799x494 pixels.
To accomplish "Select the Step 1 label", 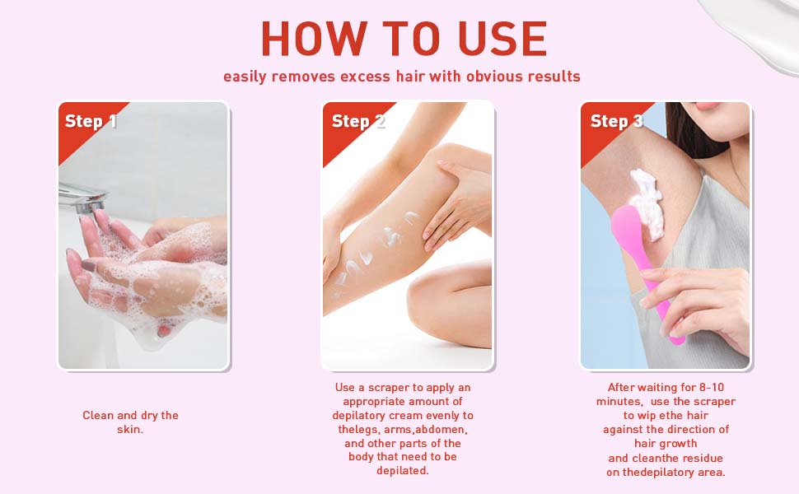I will point(91,122).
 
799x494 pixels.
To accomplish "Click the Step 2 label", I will point(358,122).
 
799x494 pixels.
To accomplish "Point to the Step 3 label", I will point(616,122).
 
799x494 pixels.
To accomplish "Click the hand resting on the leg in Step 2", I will point(457,206).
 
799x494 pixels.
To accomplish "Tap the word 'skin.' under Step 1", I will point(130,430).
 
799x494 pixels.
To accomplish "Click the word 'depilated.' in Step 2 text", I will point(403,471).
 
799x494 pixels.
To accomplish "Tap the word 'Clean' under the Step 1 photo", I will point(98,416).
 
